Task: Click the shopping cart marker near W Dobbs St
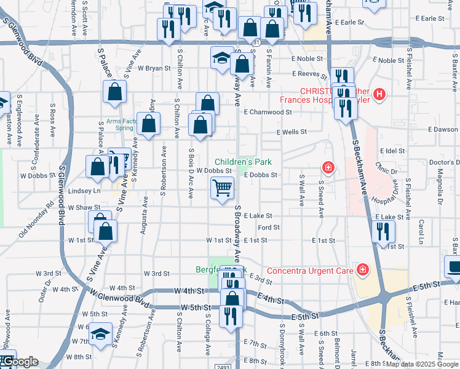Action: [222, 188]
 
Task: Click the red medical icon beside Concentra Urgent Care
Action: [363, 269]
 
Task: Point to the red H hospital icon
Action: [379, 95]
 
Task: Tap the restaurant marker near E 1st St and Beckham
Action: [383, 231]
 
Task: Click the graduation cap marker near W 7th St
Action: [100, 334]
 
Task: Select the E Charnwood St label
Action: [267, 113]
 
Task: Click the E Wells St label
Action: [291, 132]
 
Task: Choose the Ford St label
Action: [269, 228]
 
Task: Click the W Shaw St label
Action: [84, 208]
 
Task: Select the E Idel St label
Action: [392, 151]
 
